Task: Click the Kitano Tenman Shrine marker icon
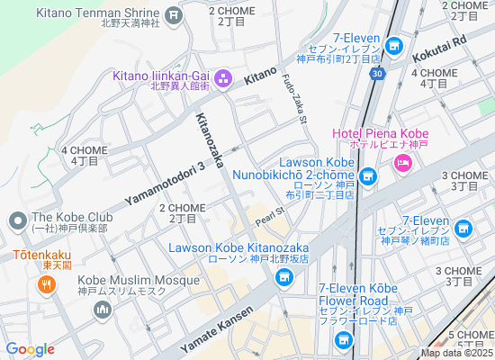(x=174, y=14)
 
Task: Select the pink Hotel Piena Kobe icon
(x=402, y=162)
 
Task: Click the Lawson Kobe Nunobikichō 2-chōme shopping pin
(x=366, y=176)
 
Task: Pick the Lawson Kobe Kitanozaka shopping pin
(x=284, y=279)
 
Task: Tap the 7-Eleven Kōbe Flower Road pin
(x=342, y=340)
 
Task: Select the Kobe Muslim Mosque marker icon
(x=102, y=310)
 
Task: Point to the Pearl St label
(x=269, y=216)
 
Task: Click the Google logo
(x=30, y=349)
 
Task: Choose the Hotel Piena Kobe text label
(x=380, y=134)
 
